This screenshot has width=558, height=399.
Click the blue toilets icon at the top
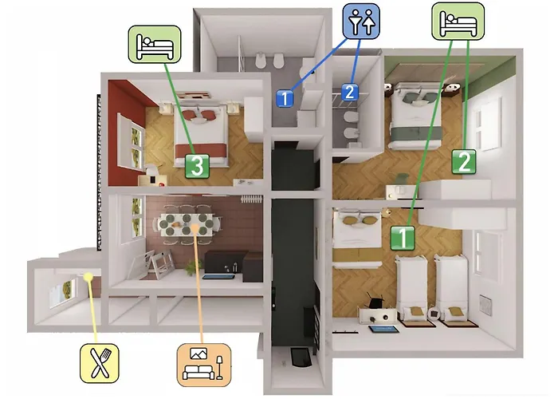(361, 21)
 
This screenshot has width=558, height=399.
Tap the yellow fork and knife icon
(100, 363)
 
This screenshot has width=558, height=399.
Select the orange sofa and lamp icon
(204, 365)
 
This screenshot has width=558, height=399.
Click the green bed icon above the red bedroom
(155, 44)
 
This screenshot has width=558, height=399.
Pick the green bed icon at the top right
(458, 21)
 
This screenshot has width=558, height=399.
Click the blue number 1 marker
(285, 98)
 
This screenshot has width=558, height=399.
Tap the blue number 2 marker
(350, 92)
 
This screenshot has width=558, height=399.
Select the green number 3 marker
(197, 166)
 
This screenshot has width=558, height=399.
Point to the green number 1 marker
(403, 238)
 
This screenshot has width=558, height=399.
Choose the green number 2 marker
(464, 161)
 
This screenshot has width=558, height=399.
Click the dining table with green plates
(187, 225)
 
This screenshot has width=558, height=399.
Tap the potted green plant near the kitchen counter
(194, 267)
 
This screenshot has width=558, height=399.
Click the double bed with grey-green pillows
(415, 116)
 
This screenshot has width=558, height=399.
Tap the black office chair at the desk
(375, 302)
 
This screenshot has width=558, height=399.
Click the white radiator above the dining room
(251, 199)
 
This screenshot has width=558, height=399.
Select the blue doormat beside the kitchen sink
(218, 276)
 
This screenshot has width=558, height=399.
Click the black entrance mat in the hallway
(301, 357)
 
